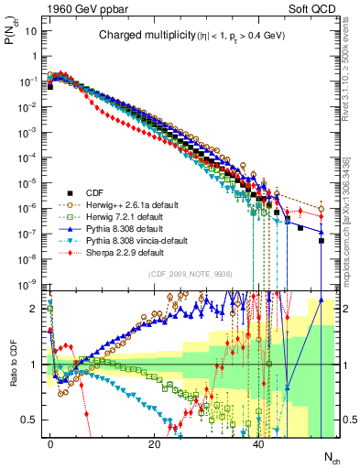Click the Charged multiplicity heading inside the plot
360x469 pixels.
tap(138, 36)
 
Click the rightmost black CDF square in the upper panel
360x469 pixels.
tap(321, 242)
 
